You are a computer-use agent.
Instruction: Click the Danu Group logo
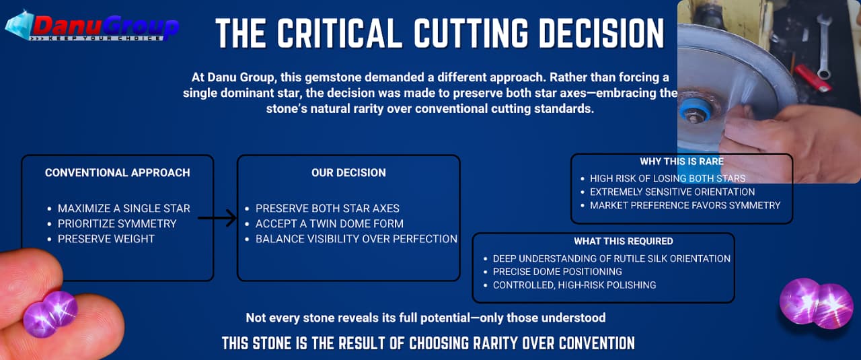tap(92, 26)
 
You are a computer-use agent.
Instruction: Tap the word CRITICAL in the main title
tap(340, 33)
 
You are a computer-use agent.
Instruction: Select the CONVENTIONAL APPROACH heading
tap(118, 173)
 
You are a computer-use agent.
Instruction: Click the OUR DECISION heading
tap(348, 173)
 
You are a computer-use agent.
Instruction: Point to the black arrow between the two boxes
tap(217, 218)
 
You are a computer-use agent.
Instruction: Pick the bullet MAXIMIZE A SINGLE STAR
tap(124, 209)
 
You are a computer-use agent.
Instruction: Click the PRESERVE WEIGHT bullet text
tap(106, 239)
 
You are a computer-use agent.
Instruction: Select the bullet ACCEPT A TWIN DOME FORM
tap(330, 223)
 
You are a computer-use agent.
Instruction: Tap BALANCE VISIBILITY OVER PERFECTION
tap(357, 239)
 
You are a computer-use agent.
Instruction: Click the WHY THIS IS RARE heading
tap(681, 161)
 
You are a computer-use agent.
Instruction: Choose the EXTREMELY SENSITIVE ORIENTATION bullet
tap(672, 192)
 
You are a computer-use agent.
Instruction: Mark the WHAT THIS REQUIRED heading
tap(623, 241)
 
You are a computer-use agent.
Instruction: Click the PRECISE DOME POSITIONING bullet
tap(558, 272)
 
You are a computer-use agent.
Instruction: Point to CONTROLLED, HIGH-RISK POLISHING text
tap(574, 285)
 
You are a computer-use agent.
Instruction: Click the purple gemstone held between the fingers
tap(50, 314)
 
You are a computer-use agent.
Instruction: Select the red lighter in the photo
tap(813, 77)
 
